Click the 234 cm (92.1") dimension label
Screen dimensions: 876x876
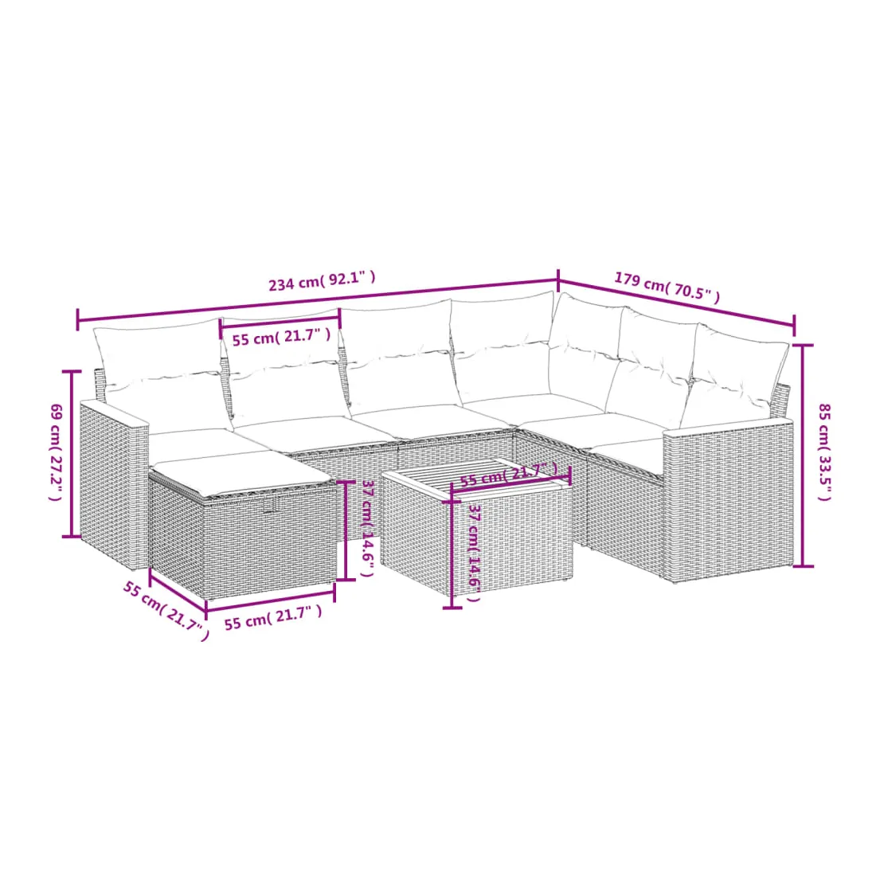322,281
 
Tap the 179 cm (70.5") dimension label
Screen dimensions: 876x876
667,287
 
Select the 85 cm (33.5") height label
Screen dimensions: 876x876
824,452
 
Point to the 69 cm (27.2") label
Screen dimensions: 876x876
56,452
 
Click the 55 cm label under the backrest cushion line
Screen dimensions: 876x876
281,337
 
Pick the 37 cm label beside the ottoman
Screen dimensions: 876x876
368,528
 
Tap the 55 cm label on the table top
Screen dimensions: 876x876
508,474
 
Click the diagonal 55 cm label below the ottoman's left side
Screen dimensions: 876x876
166,611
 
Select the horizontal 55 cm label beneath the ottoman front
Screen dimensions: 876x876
273,616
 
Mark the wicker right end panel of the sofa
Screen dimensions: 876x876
728,500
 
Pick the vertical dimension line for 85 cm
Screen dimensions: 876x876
804,456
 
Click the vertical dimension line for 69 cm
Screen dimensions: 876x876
72,454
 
